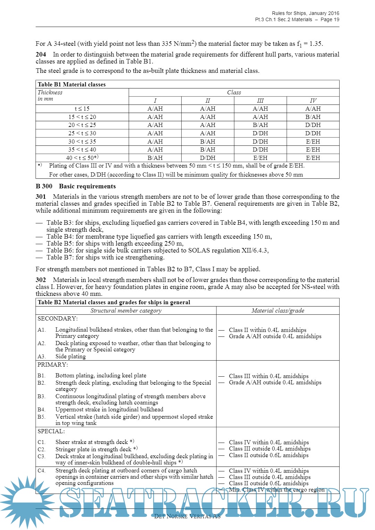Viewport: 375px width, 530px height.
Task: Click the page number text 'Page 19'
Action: (330, 20)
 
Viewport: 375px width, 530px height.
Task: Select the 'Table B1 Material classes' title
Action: (72, 84)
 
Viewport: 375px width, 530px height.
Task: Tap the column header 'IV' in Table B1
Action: (313, 101)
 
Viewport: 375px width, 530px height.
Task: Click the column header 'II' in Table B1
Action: (208, 101)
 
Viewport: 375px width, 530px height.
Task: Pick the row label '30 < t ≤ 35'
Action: (82, 142)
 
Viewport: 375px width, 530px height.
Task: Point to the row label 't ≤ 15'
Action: (82, 109)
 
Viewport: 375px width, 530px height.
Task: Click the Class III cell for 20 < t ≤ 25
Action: (260, 125)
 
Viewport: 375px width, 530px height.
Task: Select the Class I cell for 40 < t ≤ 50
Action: (155, 158)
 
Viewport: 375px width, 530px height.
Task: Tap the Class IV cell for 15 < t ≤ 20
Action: (313, 117)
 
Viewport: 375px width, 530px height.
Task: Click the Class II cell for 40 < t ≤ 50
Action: (208, 158)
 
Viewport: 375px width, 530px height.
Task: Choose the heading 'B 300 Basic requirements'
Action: (76, 186)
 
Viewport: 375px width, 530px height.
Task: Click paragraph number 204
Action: (41, 54)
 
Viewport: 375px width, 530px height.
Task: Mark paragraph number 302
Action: (41, 280)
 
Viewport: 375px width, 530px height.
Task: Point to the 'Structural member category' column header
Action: (126, 310)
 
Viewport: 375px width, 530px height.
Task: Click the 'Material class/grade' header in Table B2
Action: (278, 310)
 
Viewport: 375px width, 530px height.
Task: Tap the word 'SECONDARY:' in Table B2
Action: (58, 318)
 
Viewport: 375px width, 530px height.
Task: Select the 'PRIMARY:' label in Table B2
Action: (53, 365)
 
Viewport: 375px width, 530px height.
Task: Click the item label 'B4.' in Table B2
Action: (41, 410)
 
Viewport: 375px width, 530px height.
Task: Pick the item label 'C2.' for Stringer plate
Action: (41, 449)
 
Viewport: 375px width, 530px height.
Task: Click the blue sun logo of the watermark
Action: (24, 499)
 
